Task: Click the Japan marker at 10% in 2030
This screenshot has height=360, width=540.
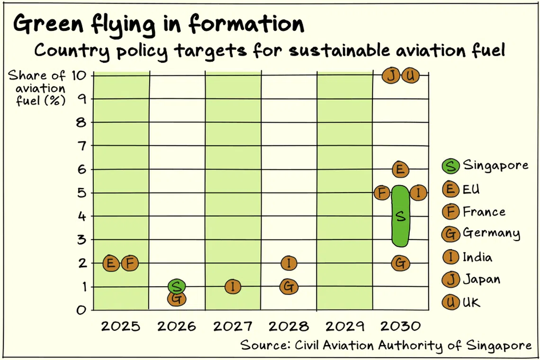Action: click(x=391, y=75)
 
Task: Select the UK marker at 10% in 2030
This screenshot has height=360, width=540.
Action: click(x=410, y=75)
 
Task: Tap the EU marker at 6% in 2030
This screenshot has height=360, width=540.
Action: click(x=400, y=169)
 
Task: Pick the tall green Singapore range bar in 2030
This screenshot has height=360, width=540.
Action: click(x=400, y=216)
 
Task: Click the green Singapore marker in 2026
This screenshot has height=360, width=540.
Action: click(x=176, y=286)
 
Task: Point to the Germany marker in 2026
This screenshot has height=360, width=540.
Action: click(x=176, y=299)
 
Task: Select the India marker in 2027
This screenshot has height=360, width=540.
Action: click(x=233, y=286)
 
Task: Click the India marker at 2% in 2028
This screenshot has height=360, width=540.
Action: click(x=289, y=262)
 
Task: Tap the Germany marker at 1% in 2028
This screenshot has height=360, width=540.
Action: click(x=288, y=286)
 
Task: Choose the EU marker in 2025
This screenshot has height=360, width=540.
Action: click(x=111, y=263)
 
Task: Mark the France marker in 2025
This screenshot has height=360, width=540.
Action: click(x=130, y=263)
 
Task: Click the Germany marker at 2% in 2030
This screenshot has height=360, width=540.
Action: click(x=401, y=263)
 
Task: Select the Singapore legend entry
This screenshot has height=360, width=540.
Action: click(x=485, y=166)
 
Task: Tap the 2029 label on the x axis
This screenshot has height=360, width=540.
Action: click(x=344, y=326)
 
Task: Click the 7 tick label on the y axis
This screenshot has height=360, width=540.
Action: click(x=81, y=146)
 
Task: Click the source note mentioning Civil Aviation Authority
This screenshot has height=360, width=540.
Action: click(x=386, y=345)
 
